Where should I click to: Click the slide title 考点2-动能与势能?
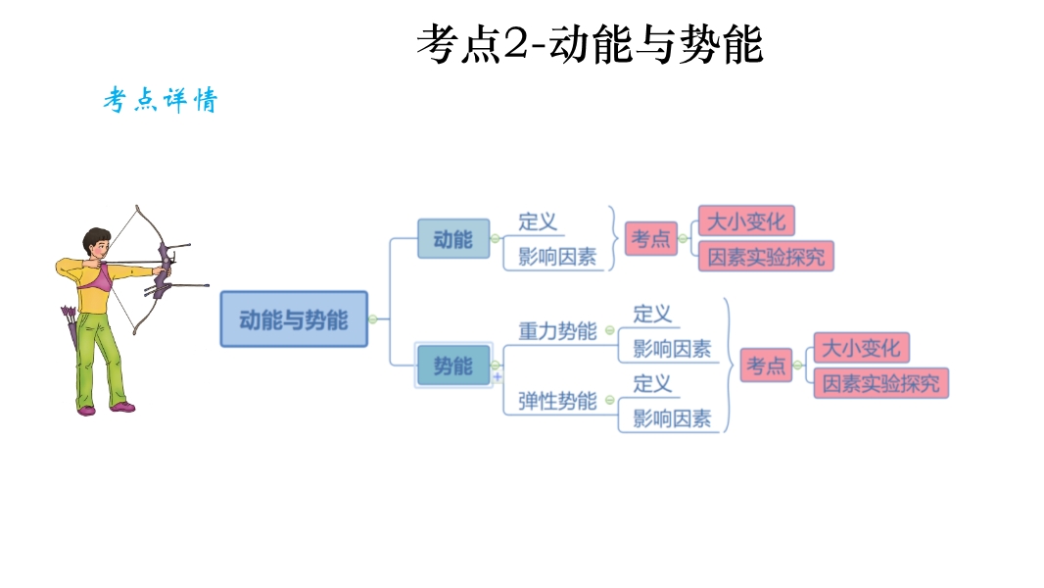(x=589, y=45)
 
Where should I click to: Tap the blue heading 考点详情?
(x=161, y=101)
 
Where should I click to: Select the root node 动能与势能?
(x=294, y=318)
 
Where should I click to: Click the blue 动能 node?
(x=452, y=239)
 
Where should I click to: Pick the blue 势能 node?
(x=452, y=367)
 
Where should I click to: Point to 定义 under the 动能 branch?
(x=538, y=221)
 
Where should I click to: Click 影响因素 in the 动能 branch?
(x=557, y=257)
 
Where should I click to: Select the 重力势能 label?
(x=557, y=331)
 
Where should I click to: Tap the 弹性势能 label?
(x=557, y=401)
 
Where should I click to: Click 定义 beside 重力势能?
(x=652, y=314)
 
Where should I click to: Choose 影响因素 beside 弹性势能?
(x=672, y=418)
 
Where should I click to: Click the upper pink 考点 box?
(x=651, y=238)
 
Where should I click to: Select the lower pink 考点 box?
(x=766, y=366)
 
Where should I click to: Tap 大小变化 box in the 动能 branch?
(x=746, y=221)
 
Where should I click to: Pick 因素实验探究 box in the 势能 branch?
(x=880, y=383)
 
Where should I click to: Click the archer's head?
(x=96, y=242)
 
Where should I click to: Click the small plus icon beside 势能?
(x=498, y=377)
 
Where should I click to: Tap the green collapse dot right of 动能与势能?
(x=372, y=318)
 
